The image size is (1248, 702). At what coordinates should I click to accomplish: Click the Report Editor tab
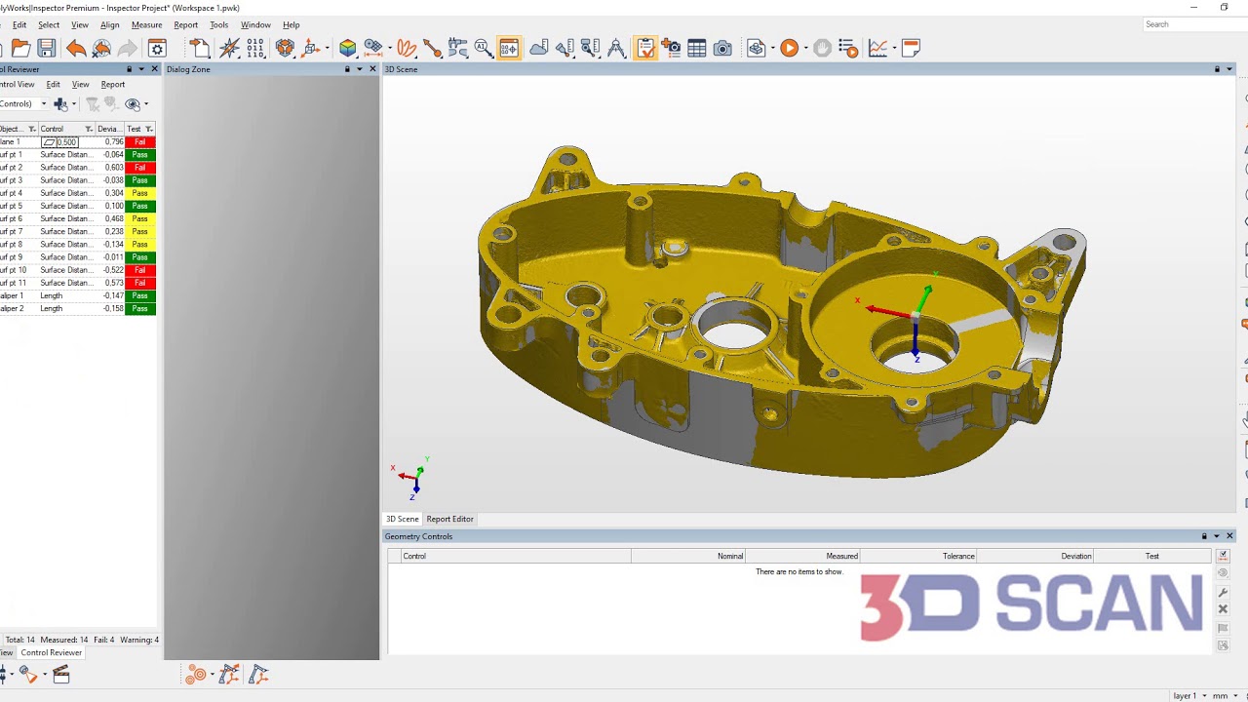449,519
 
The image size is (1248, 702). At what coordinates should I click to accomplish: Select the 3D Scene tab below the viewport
402,519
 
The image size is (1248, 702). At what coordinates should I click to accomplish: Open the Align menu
109,25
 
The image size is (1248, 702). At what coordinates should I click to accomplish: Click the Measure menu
146,25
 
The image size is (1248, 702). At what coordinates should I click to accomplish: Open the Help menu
291,25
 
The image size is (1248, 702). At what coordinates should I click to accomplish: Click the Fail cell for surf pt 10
140,270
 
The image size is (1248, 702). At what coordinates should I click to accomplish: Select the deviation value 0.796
114,142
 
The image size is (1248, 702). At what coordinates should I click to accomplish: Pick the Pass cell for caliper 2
140,309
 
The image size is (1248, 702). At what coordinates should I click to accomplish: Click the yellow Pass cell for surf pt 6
140,219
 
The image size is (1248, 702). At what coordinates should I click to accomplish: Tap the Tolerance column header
957,556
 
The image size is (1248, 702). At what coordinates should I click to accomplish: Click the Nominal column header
729,556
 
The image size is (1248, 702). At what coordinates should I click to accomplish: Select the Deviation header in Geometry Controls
1075,556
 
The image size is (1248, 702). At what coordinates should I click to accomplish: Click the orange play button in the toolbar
790,48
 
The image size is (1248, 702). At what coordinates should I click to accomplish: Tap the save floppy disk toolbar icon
46,48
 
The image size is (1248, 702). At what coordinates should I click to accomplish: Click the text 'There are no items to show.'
799,571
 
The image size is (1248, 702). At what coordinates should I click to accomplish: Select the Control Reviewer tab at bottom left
52,653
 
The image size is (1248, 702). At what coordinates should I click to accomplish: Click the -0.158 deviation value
114,309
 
